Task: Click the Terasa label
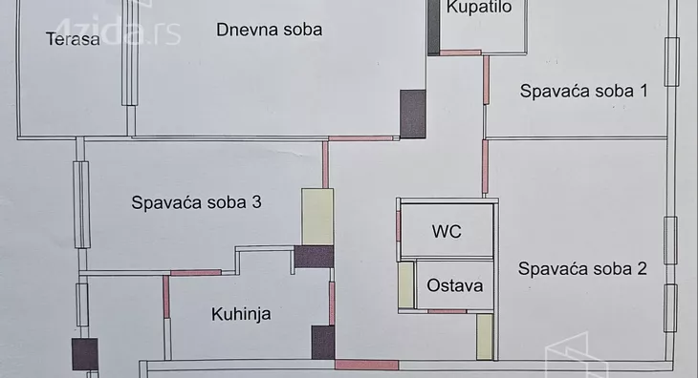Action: (x=73, y=39)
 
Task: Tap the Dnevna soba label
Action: (x=269, y=30)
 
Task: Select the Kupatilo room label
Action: (x=479, y=8)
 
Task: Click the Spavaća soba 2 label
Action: (x=582, y=269)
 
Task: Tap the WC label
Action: (x=447, y=231)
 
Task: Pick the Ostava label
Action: (x=454, y=285)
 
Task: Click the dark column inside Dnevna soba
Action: (x=412, y=114)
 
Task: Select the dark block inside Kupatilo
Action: (x=433, y=27)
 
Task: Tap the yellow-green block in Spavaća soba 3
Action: (x=316, y=217)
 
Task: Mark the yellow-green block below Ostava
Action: (x=486, y=337)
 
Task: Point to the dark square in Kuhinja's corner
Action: (x=323, y=342)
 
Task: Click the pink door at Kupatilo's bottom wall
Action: (x=460, y=52)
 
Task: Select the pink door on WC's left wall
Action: (x=399, y=226)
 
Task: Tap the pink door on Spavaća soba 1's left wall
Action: (x=486, y=80)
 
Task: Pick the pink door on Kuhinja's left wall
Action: (x=166, y=296)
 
